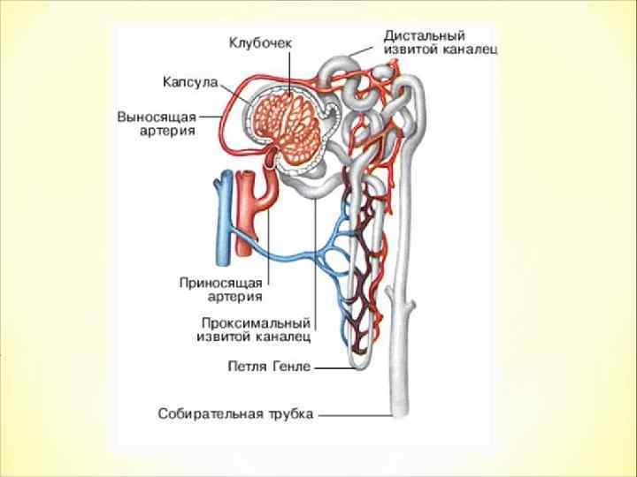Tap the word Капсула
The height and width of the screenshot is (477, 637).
pos(190,81)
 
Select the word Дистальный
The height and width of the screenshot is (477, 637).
pos(425,35)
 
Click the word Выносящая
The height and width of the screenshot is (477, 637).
pos(157,116)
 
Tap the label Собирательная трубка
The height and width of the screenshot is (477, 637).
pos(235,413)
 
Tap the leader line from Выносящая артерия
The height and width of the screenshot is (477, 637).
pos(213,116)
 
